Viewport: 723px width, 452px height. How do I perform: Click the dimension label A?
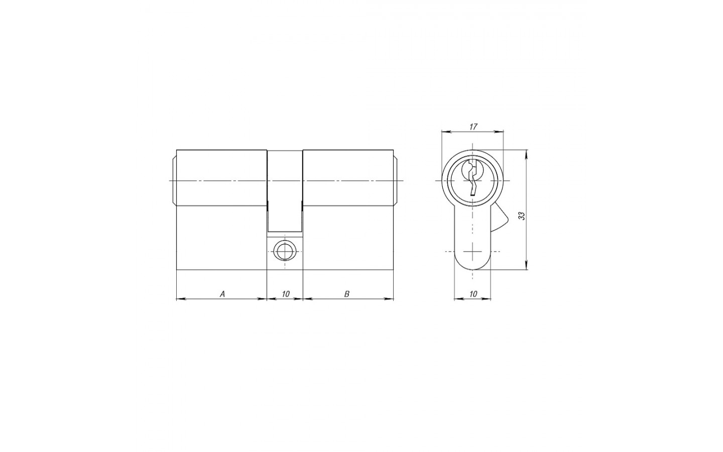pos(222,294)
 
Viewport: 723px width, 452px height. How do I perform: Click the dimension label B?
pos(347,294)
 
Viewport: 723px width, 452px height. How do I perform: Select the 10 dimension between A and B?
pos(285,294)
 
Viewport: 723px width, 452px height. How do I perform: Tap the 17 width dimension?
pos(472,127)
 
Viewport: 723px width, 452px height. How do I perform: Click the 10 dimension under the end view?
pos(473,294)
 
